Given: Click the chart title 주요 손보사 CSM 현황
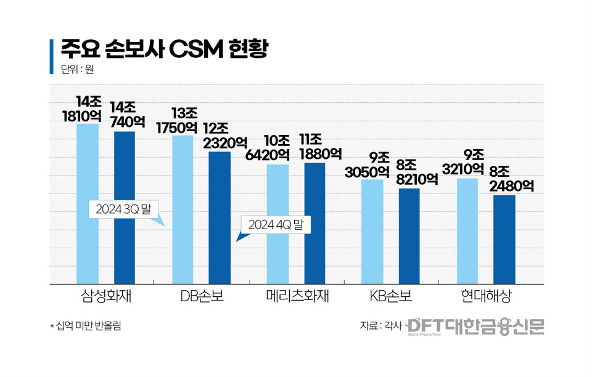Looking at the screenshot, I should (163, 48).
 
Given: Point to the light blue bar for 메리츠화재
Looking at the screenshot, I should (277, 224).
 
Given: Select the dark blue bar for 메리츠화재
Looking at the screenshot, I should (314, 223).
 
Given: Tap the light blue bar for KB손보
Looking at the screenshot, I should (372, 232).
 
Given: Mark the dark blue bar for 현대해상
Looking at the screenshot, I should (504, 240).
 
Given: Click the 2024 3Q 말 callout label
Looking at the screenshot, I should (123, 209).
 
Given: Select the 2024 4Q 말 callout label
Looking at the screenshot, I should (276, 225).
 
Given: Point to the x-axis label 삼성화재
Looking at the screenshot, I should (105, 296).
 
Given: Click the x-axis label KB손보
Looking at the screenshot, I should (391, 296).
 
